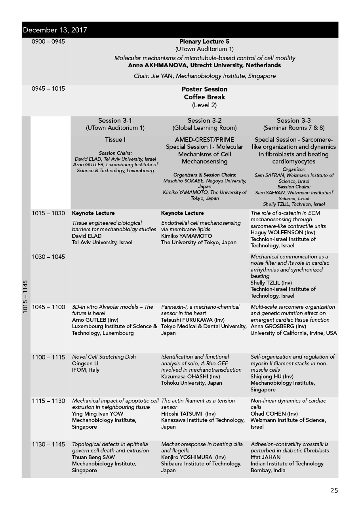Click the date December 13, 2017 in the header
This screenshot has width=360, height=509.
(x=55, y=30)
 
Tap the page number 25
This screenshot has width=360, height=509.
(x=334, y=490)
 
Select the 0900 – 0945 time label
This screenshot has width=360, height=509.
(x=48, y=42)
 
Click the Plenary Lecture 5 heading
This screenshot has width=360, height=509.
(x=204, y=42)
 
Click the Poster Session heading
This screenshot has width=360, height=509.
(x=204, y=89)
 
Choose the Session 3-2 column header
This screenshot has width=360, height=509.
(x=204, y=120)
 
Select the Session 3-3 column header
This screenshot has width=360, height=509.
(x=293, y=120)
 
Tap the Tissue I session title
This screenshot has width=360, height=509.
(x=115, y=140)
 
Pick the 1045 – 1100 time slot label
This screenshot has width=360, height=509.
(x=48, y=307)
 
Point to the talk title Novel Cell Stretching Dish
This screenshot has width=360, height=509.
(x=104, y=357)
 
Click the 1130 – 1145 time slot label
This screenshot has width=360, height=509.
(x=48, y=444)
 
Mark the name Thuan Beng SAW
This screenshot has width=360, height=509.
(x=93, y=457)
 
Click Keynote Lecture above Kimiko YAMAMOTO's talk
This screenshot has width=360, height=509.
(x=183, y=213)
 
